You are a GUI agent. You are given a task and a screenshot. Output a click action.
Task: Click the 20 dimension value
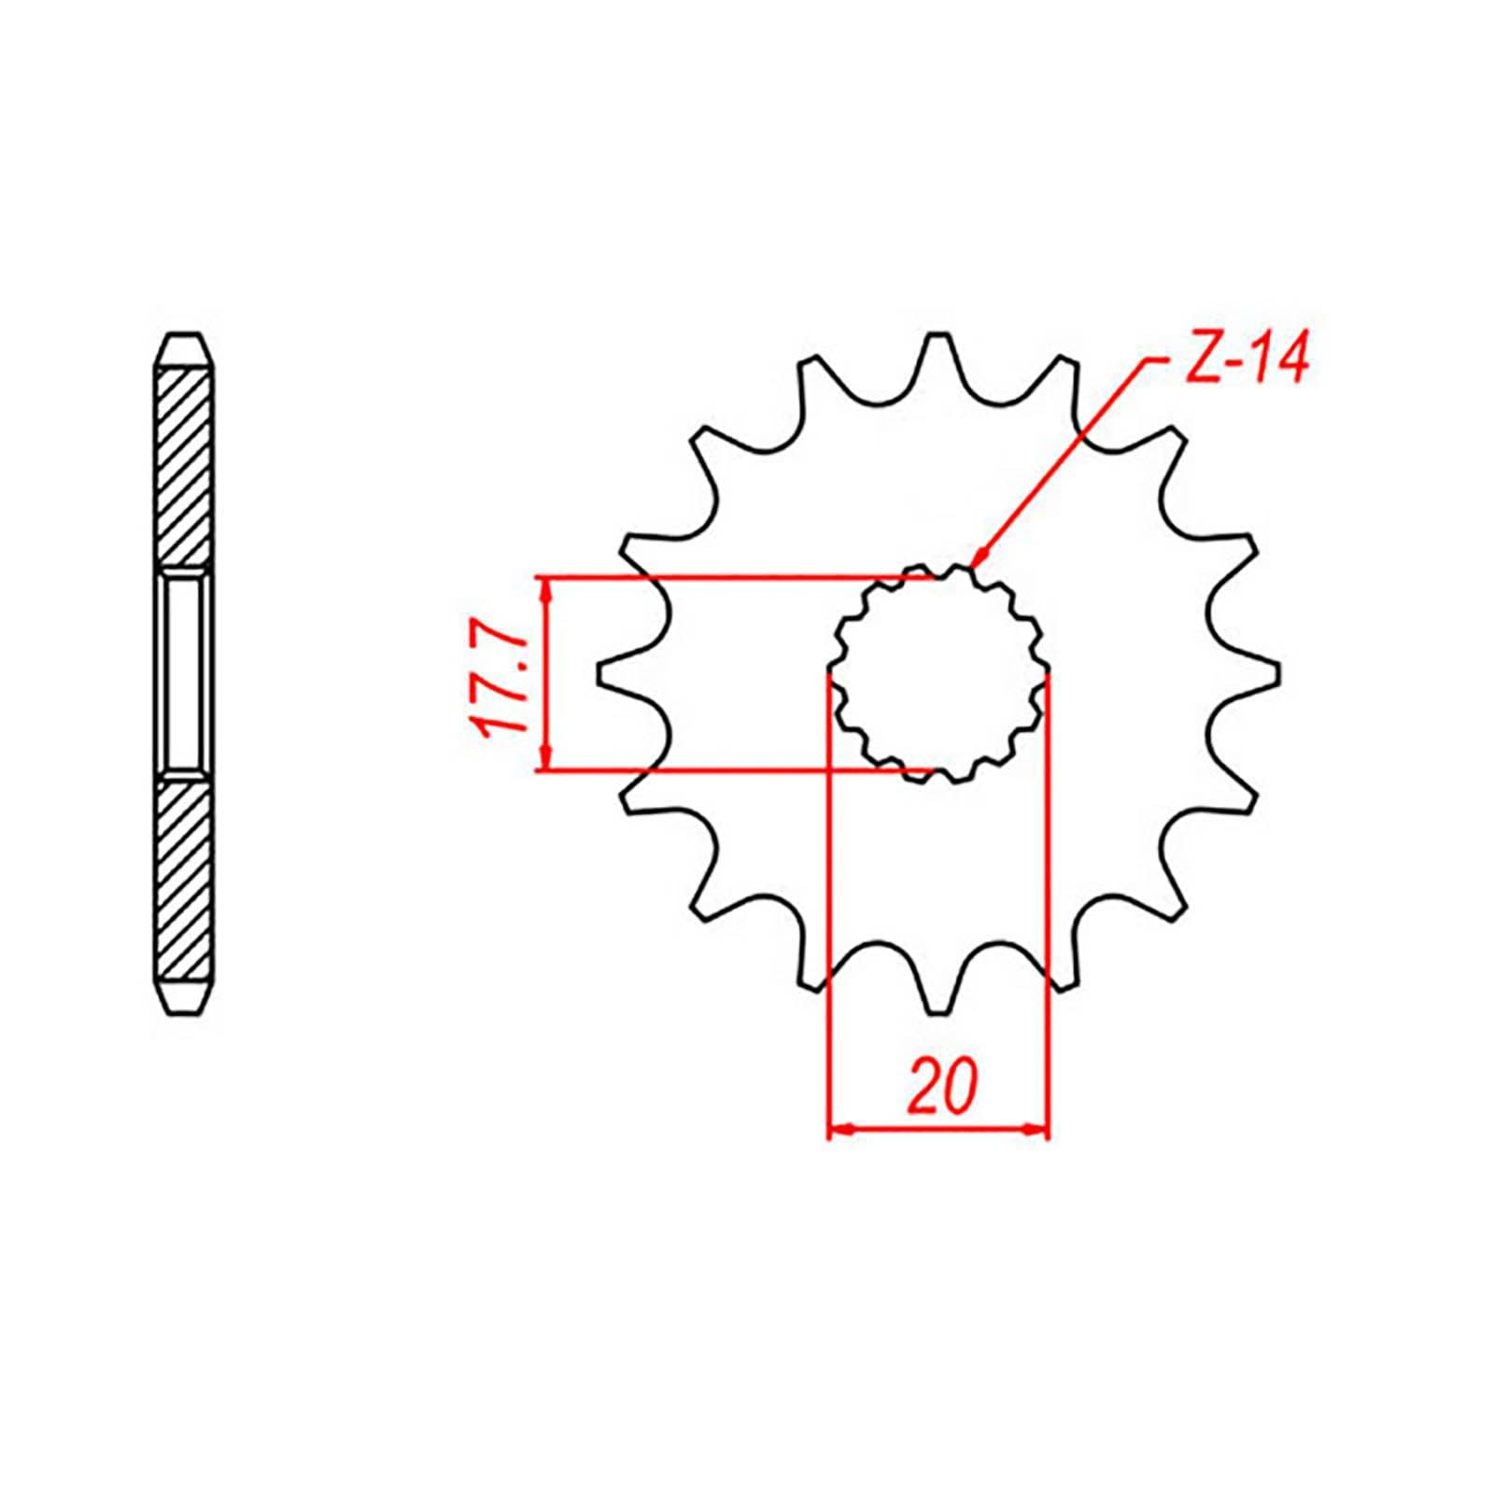[939, 1086]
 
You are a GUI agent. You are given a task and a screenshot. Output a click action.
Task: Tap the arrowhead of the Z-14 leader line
[977, 560]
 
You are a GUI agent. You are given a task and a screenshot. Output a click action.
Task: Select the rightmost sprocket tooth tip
[1276, 673]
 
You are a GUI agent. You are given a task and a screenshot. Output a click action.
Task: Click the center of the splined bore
[938, 674]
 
